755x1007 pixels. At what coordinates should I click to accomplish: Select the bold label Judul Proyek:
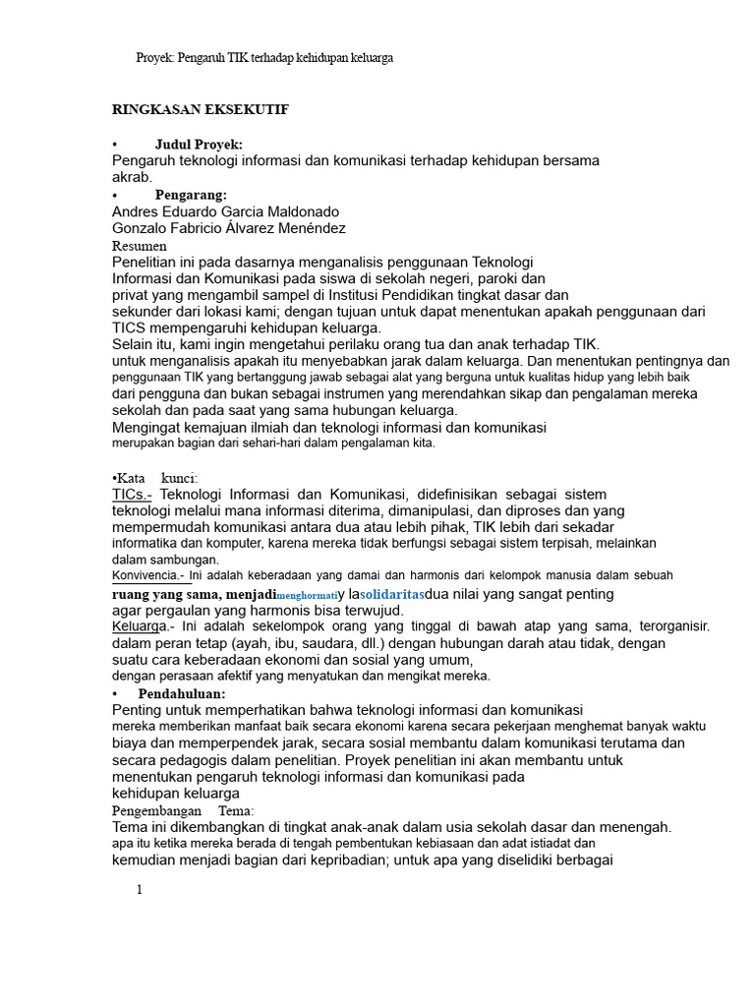coord(199,144)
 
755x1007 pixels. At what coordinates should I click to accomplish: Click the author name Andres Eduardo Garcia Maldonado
coord(226,211)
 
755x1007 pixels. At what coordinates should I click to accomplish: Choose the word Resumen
coord(140,245)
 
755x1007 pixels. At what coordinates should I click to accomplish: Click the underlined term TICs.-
coord(132,494)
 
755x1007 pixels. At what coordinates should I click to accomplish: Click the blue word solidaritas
coord(392,594)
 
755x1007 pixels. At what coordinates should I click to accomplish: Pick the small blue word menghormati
coord(307,596)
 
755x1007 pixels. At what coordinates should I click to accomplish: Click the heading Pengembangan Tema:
coord(183,810)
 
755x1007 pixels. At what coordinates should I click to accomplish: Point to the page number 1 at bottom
coord(140,890)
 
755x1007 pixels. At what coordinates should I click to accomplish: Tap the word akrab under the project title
coord(132,177)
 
